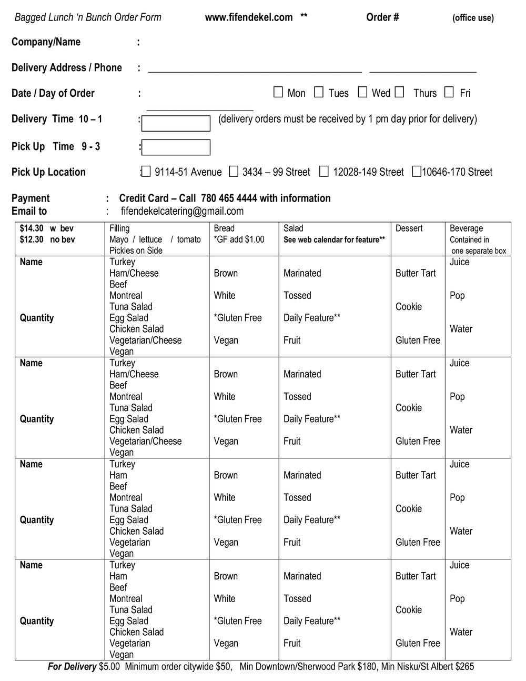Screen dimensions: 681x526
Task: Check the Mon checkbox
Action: (x=278, y=93)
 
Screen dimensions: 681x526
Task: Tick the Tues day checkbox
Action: (x=319, y=93)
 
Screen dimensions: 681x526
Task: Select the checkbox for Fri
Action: (x=449, y=93)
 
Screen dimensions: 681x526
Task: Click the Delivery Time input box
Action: (x=176, y=124)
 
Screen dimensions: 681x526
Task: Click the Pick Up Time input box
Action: (x=176, y=147)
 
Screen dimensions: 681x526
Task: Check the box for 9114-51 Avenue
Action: (x=146, y=172)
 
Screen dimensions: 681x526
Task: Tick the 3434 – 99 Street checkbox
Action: (x=234, y=172)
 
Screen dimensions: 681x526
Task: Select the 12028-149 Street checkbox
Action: (x=324, y=172)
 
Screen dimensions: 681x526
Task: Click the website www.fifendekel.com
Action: (x=249, y=17)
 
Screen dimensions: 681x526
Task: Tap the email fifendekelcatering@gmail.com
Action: (x=182, y=211)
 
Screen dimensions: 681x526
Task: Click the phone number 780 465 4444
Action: (x=229, y=198)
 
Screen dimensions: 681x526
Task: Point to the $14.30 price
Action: (x=32, y=228)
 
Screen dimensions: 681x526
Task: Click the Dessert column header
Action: (x=409, y=228)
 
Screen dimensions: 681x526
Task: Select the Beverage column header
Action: (x=466, y=228)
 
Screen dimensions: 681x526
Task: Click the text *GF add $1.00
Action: (x=239, y=239)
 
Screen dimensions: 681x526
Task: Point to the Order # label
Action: (x=382, y=17)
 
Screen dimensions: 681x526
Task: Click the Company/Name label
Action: (x=46, y=42)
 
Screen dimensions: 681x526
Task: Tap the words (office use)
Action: (x=473, y=18)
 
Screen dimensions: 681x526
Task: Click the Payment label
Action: (x=31, y=198)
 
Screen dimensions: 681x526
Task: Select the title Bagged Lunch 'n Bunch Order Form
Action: (x=88, y=17)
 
